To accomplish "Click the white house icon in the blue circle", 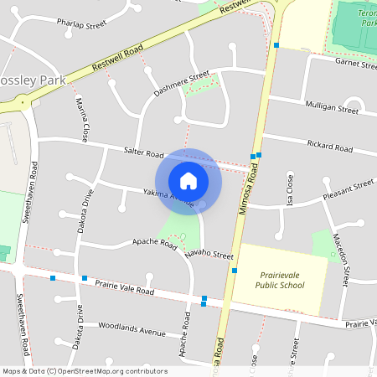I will [x=188, y=180].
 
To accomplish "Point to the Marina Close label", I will [x=83, y=120].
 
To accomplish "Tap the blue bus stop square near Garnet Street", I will [x=276, y=45].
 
